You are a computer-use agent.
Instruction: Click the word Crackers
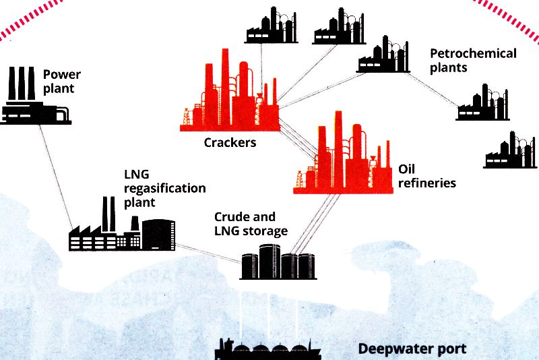click(x=230, y=143)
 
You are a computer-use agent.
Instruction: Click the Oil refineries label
click(x=427, y=175)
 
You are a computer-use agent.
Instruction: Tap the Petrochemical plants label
click(x=473, y=60)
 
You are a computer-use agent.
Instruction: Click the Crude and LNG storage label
click(x=251, y=224)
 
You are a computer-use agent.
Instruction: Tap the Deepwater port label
click(x=412, y=349)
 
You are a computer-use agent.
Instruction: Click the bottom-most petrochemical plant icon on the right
click(x=510, y=151)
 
